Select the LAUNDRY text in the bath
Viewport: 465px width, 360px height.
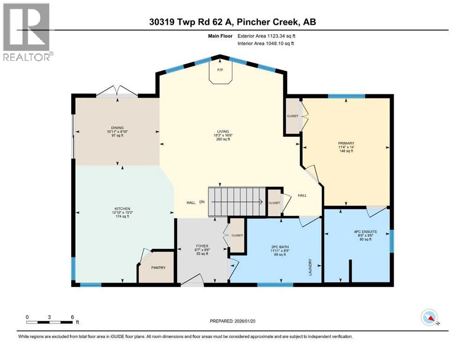[x=310, y=267]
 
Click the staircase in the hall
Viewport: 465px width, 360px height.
[x=236, y=202]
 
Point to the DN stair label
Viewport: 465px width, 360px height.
[x=202, y=202]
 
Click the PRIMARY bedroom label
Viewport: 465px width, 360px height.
[x=346, y=144]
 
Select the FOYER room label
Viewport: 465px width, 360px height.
[x=202, y=246]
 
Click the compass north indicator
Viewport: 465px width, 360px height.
[x=429, y=317]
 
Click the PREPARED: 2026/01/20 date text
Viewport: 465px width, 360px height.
[x=235, y=321]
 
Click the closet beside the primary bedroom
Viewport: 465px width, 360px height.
[x=293, y=116]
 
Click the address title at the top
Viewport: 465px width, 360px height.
[x=232, y=22]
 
